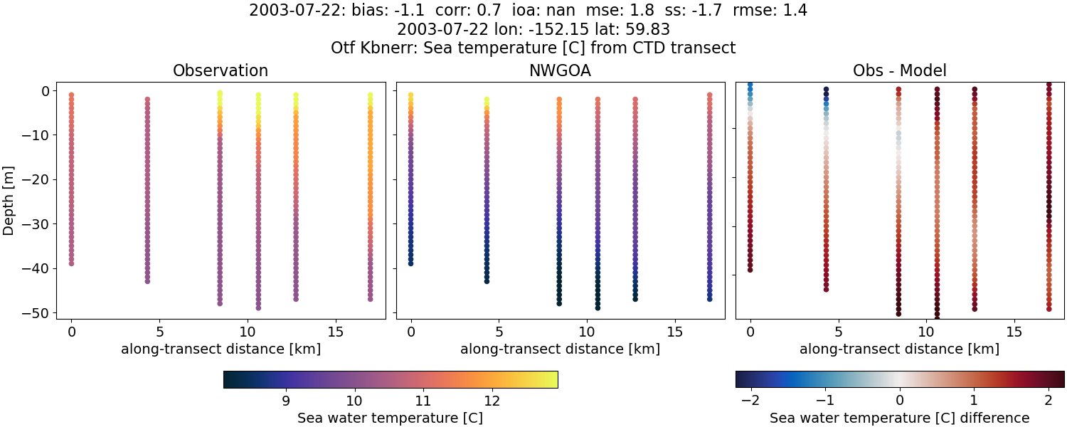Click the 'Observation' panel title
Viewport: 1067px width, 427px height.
click(221, 71)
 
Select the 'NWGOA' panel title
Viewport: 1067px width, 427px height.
click(560, 71)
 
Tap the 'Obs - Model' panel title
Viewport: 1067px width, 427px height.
click(899, 71)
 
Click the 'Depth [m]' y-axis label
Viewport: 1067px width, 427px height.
click(9, 201)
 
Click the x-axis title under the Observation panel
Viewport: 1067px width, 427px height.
click(221, 349)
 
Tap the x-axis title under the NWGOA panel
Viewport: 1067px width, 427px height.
click(560, 349)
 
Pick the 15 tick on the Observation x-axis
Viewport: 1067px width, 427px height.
click(335, 332)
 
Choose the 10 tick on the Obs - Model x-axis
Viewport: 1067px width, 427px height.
click(926, 332)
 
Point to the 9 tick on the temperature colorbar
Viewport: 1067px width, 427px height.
click(286, 400)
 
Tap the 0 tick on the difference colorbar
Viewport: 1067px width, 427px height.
click(900, 400)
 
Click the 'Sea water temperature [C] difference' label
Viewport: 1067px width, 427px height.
click(899, 418)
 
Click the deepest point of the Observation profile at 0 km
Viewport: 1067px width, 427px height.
click(71, 263)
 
